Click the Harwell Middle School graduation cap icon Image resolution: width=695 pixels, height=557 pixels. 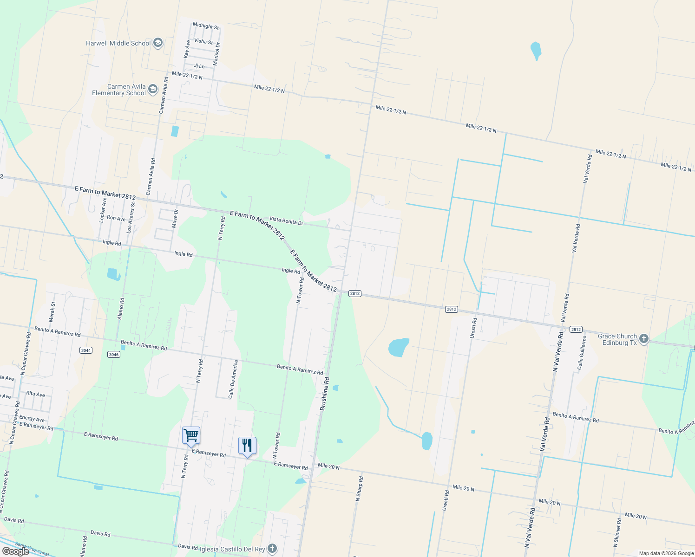(x=157, y=43)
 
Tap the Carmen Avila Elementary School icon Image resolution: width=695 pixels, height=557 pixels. (x=152, y=90)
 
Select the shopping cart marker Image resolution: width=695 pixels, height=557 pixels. (x=191, y=435)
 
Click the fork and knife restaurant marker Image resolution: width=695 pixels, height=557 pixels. (x=247, y=446)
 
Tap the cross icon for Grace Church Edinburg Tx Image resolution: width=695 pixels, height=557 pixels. (x=643, y=339)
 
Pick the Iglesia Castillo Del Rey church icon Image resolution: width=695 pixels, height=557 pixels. (x=272, y=549)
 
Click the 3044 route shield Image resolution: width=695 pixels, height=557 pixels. (x=86, y=350)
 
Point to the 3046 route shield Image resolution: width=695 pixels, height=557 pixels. (x=114, y=354)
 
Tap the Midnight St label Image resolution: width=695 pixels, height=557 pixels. (x=205, y=26)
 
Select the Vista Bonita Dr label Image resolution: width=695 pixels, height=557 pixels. (x=286, y=221)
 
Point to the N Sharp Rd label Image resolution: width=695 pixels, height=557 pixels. (x=359, y=488)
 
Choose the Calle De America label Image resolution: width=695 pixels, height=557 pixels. (x=233, y=379)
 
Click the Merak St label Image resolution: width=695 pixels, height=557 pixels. (x=52, y=312)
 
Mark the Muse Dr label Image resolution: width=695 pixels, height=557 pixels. (x=175, y=219)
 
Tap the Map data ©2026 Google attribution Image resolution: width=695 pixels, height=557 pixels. (x=666, y=553)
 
